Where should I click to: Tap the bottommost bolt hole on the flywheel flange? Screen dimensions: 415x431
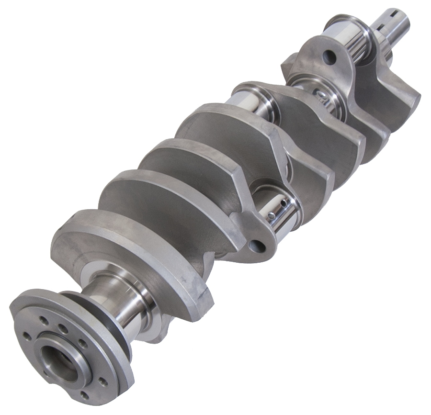pyautogui.click(x=85, y=395)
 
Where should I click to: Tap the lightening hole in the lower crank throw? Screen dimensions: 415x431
pyautogui.click(x=257, y=246)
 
